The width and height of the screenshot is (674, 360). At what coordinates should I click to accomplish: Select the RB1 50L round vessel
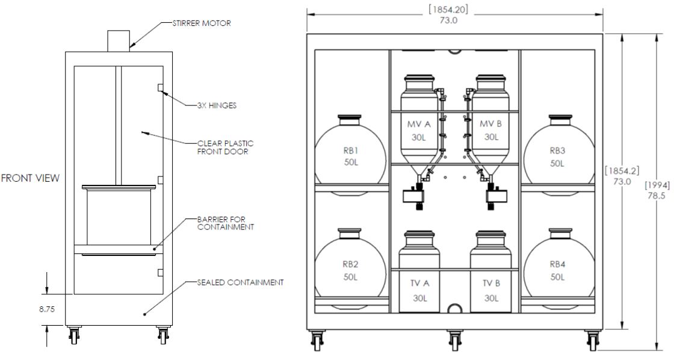(x=350, y=156)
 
